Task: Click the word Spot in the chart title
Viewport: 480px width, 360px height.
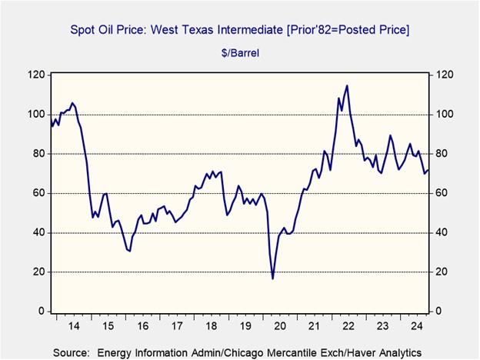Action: point(83,29)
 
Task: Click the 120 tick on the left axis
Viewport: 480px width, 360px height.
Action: point(35,75)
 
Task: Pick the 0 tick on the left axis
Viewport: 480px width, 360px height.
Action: point(40,312)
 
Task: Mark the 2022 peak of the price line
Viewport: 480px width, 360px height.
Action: point(347,85)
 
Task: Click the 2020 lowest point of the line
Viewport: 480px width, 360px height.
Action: point(272,278)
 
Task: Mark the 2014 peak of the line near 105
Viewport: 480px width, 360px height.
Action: point(72,102)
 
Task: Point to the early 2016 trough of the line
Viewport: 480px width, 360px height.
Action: point(129,251)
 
